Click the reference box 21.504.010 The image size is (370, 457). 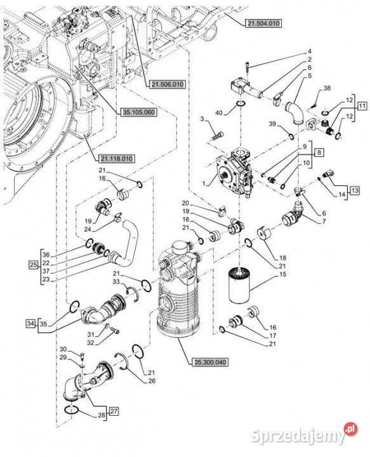click(263, 23)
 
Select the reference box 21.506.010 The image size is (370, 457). click(168, 84)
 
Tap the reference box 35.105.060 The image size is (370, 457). click(139, 112)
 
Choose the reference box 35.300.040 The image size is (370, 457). click(210, 362)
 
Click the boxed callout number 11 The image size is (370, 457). click(362, 106)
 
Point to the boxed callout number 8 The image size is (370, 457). click(320, 152)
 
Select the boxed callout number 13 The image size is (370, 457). click(355, 190)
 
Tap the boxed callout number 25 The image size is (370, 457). click(34, 265)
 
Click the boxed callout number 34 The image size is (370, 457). click(30, 323)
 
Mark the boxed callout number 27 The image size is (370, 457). click(114, 411)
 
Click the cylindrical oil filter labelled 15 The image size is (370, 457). click(239, 286)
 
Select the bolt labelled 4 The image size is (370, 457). click(247, 69)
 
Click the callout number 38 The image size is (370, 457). click(327, 88)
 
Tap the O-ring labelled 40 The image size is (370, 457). click(241, 103)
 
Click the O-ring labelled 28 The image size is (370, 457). click(71, 409)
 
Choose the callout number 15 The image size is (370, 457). click(282, 274)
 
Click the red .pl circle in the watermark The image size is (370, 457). click(350, 429)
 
